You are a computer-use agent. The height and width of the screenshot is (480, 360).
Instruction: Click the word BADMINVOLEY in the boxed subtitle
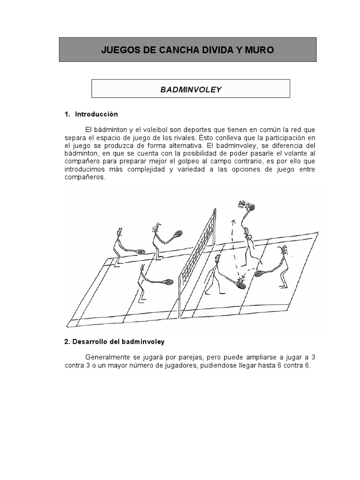[190, 89]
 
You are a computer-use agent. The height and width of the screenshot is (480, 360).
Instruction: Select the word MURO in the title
[261, 50]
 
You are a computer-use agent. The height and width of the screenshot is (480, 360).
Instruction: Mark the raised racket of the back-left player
[177, 233]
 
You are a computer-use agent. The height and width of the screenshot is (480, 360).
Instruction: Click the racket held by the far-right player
[260, 273]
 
